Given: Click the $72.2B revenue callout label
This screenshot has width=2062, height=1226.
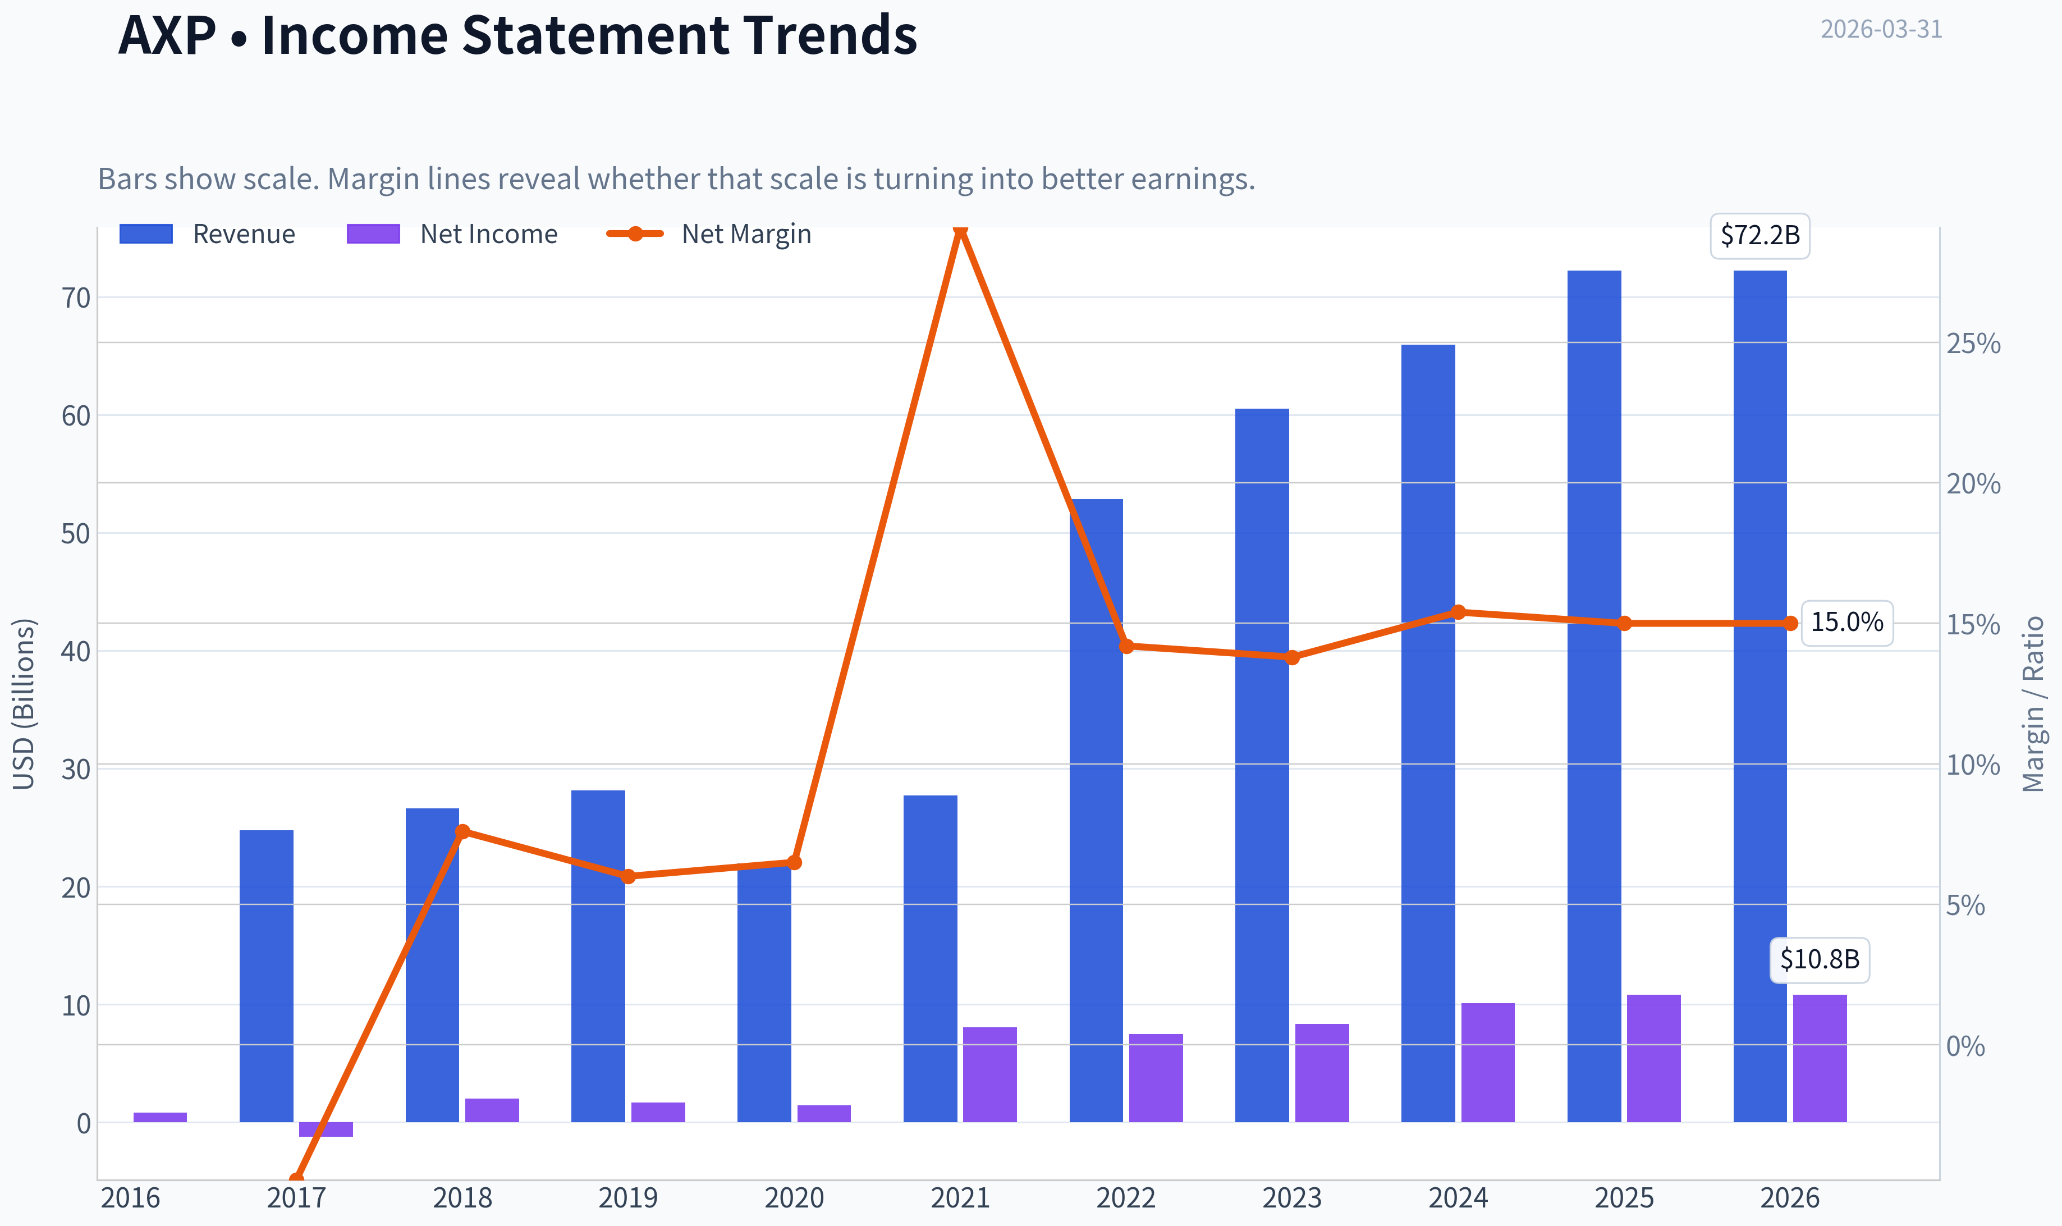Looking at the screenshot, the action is [1759, 235].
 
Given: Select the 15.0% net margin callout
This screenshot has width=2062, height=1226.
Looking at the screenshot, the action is [1846, 622].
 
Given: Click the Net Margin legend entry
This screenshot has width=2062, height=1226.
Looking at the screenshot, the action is [709, 234].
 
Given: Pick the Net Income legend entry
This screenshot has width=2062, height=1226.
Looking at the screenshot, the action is [452, 234].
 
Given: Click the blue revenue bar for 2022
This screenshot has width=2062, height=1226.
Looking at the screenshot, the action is [1096, 811].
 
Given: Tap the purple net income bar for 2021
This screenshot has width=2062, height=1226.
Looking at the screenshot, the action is [989, 1075].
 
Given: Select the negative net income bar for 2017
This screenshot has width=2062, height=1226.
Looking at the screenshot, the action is [326, 1129].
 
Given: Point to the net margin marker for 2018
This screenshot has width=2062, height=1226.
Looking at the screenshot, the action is [462, 831].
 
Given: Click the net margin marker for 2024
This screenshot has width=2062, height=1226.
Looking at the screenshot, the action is [1458, 612].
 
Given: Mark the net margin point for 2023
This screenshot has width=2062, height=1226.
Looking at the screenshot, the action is [1293, 657].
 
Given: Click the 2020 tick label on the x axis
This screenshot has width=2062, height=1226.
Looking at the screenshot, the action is [794, 1198].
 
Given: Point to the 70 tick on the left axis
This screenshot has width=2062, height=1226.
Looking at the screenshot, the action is [76, 298].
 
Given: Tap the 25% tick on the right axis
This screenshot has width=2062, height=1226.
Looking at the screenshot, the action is [1973, 343].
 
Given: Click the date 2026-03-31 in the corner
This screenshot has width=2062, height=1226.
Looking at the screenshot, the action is [1881, 29].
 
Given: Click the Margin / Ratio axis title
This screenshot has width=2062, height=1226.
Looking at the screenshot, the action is [2033, 704].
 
